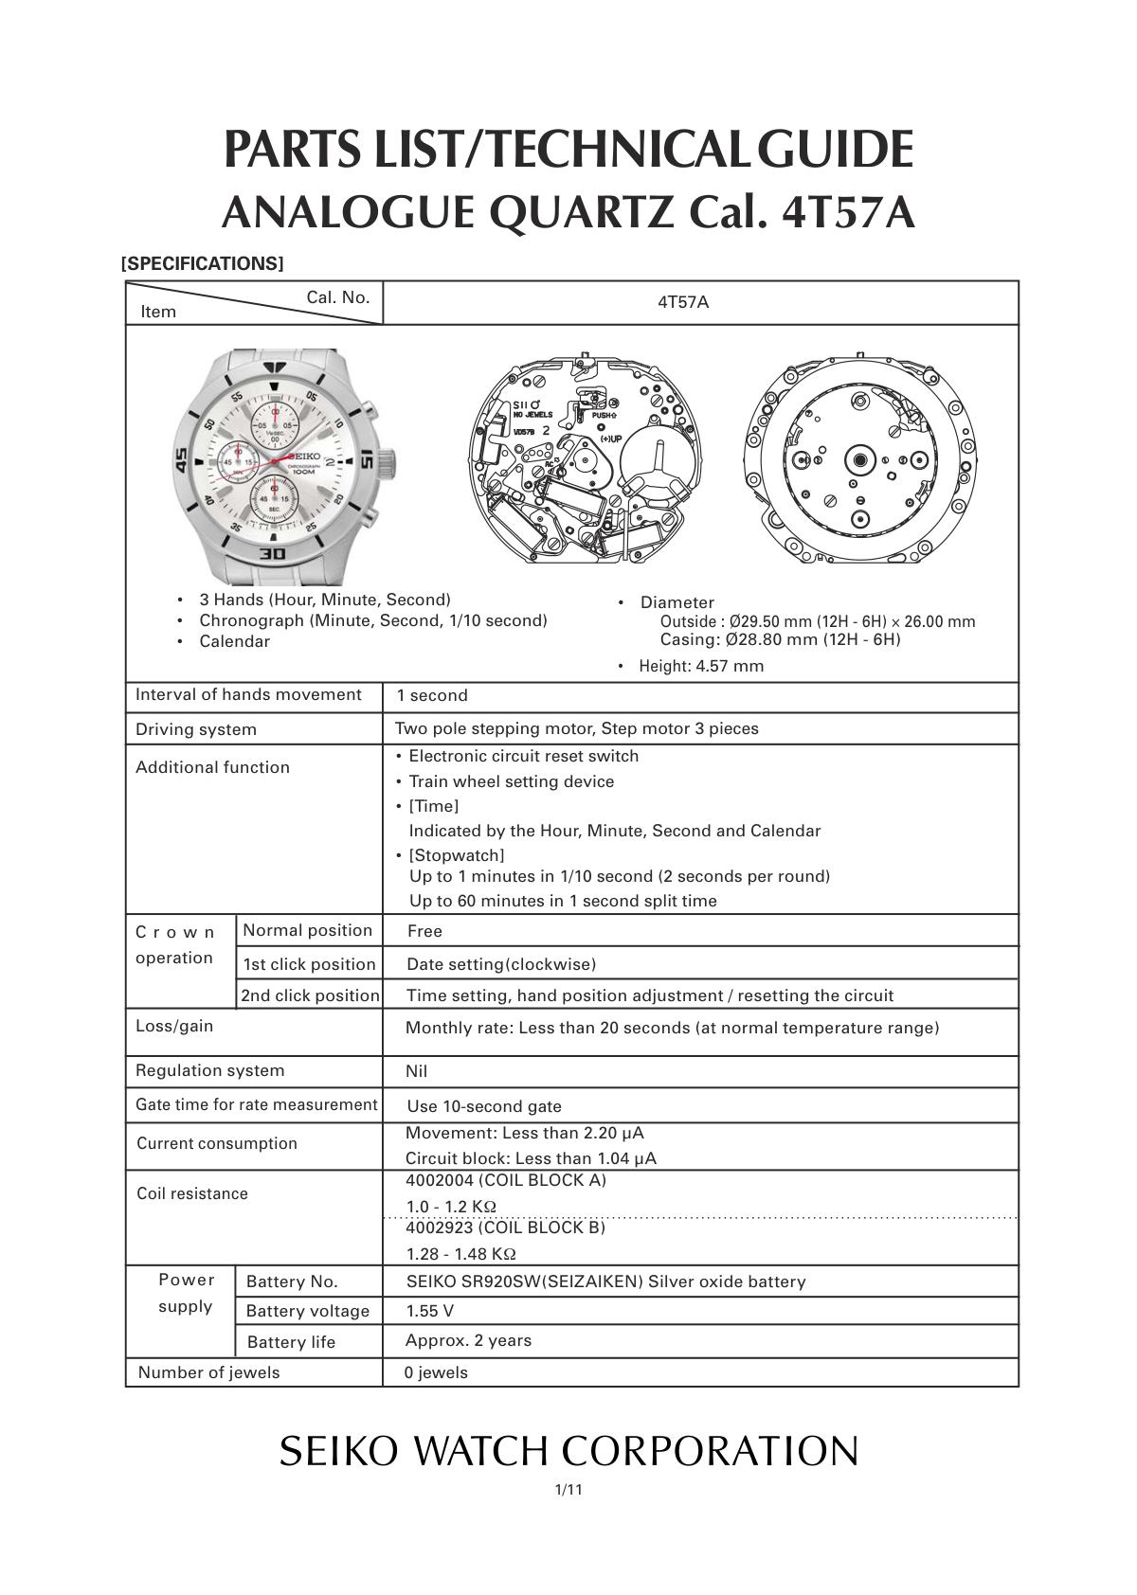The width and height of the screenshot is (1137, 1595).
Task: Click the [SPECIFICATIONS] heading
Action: (203, 264)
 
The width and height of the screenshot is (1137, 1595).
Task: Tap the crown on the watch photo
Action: (387, 463)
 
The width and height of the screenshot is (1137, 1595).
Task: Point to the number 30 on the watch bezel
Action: (273, 553)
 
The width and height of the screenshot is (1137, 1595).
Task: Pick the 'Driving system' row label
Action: (196, 730)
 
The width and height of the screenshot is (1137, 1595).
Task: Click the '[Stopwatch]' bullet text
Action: (457, 855)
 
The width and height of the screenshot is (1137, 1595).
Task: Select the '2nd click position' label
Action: (310, 995)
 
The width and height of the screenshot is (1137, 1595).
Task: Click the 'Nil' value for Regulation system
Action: (416, 1071)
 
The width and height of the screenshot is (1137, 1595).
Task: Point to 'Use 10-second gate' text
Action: (484, 1106)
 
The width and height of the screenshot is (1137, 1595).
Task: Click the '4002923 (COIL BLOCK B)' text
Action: (505, 1228)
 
